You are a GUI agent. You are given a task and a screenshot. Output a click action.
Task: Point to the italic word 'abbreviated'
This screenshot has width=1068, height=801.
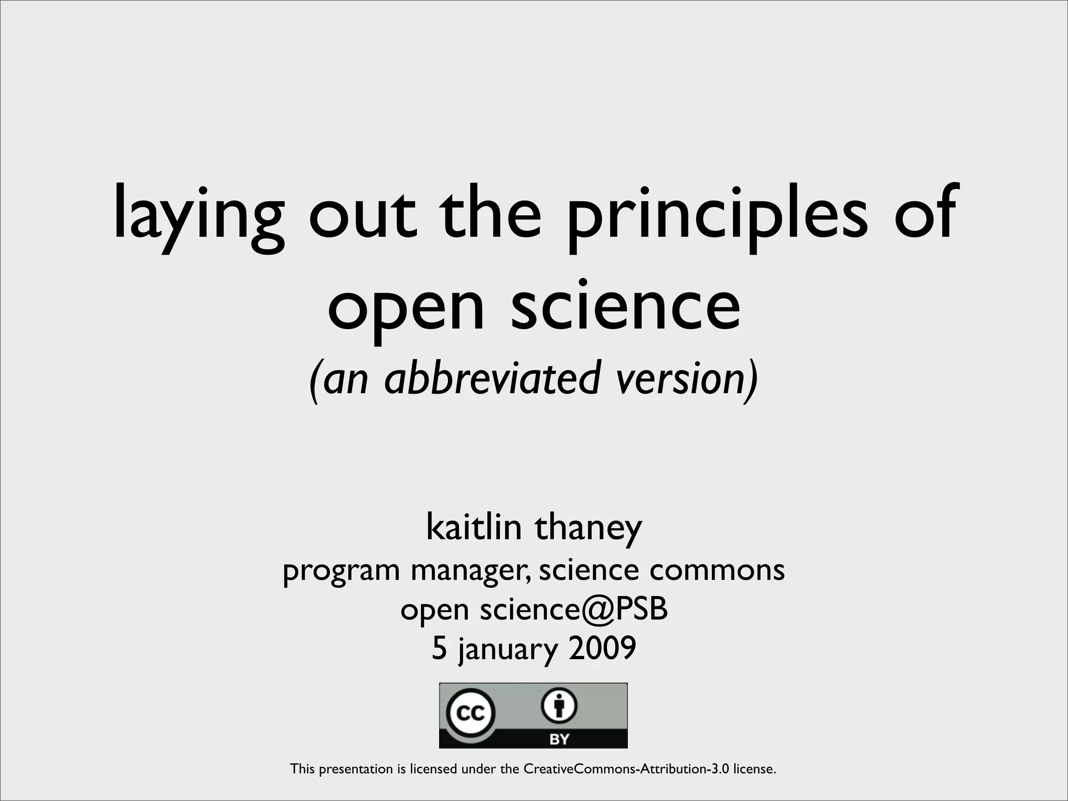pyautogui.click(x=493, y=378)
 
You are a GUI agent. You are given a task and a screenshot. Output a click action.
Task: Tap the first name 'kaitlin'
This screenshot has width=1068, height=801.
pyautogui.click(x=474, y=527)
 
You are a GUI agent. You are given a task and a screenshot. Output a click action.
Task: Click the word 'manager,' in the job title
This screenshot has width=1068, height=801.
pyautogui.click(x=471, y=571)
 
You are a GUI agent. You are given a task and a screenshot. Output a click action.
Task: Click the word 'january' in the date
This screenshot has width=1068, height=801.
pyautogui.click(x=508, y=649)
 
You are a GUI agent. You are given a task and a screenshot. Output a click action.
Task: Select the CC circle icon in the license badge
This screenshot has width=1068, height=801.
pyautogui.click(x=470, y=712)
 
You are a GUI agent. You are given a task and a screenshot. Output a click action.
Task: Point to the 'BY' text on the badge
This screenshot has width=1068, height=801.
pyautogui.click(x=559, y=739)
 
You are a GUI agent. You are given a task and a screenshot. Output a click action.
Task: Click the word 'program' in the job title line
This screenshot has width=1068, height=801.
pyautogui.click(x=341, y=572)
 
